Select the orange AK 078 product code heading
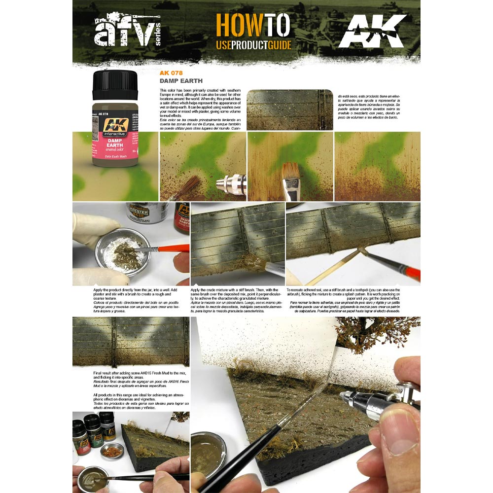coord(171,73)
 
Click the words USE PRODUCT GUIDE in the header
coord(253,45)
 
